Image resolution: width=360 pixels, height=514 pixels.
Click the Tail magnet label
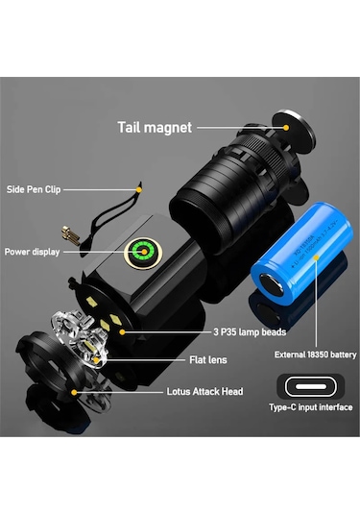156,126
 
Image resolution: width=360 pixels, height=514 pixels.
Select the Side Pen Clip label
33,189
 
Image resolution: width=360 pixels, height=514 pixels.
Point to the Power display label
32,252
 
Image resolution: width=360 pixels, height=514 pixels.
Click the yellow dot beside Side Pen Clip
140,190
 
